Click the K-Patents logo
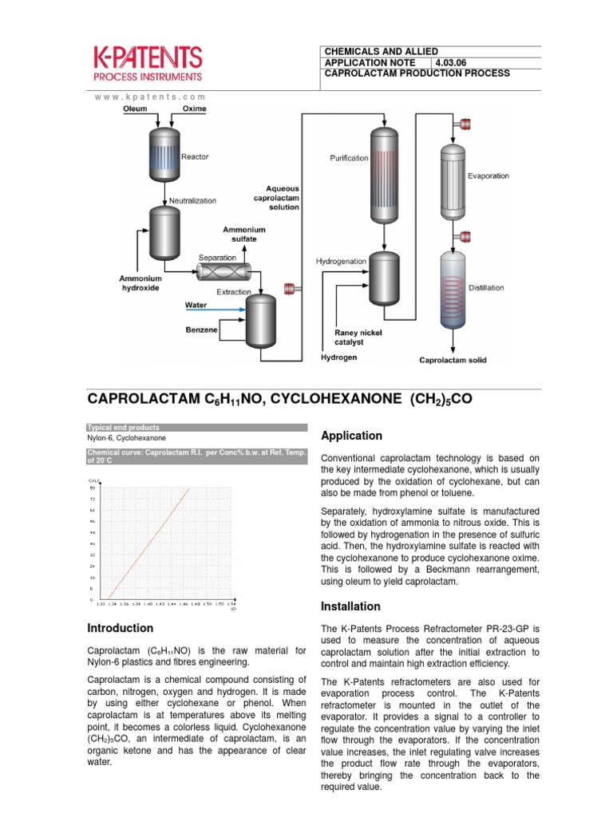pyautogui.click(x=148, y=63)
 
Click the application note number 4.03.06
pyautogui.click(x=457, y=62)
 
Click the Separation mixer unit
pyautogui.click(x=223, y=273)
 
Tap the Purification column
pyautogui.click(x=385, y=176)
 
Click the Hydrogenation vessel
pyautogui.click(x=385, y=274)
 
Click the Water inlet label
pyautogui.click(x=196, y=305)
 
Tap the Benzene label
pyautogui.click(x=201, y=329)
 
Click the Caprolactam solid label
pyautogui.click(x=453, y=360)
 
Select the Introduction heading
pyautogui.click(x=121, y=628)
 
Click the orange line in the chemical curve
pyautogui.click(x=150, y=543)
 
